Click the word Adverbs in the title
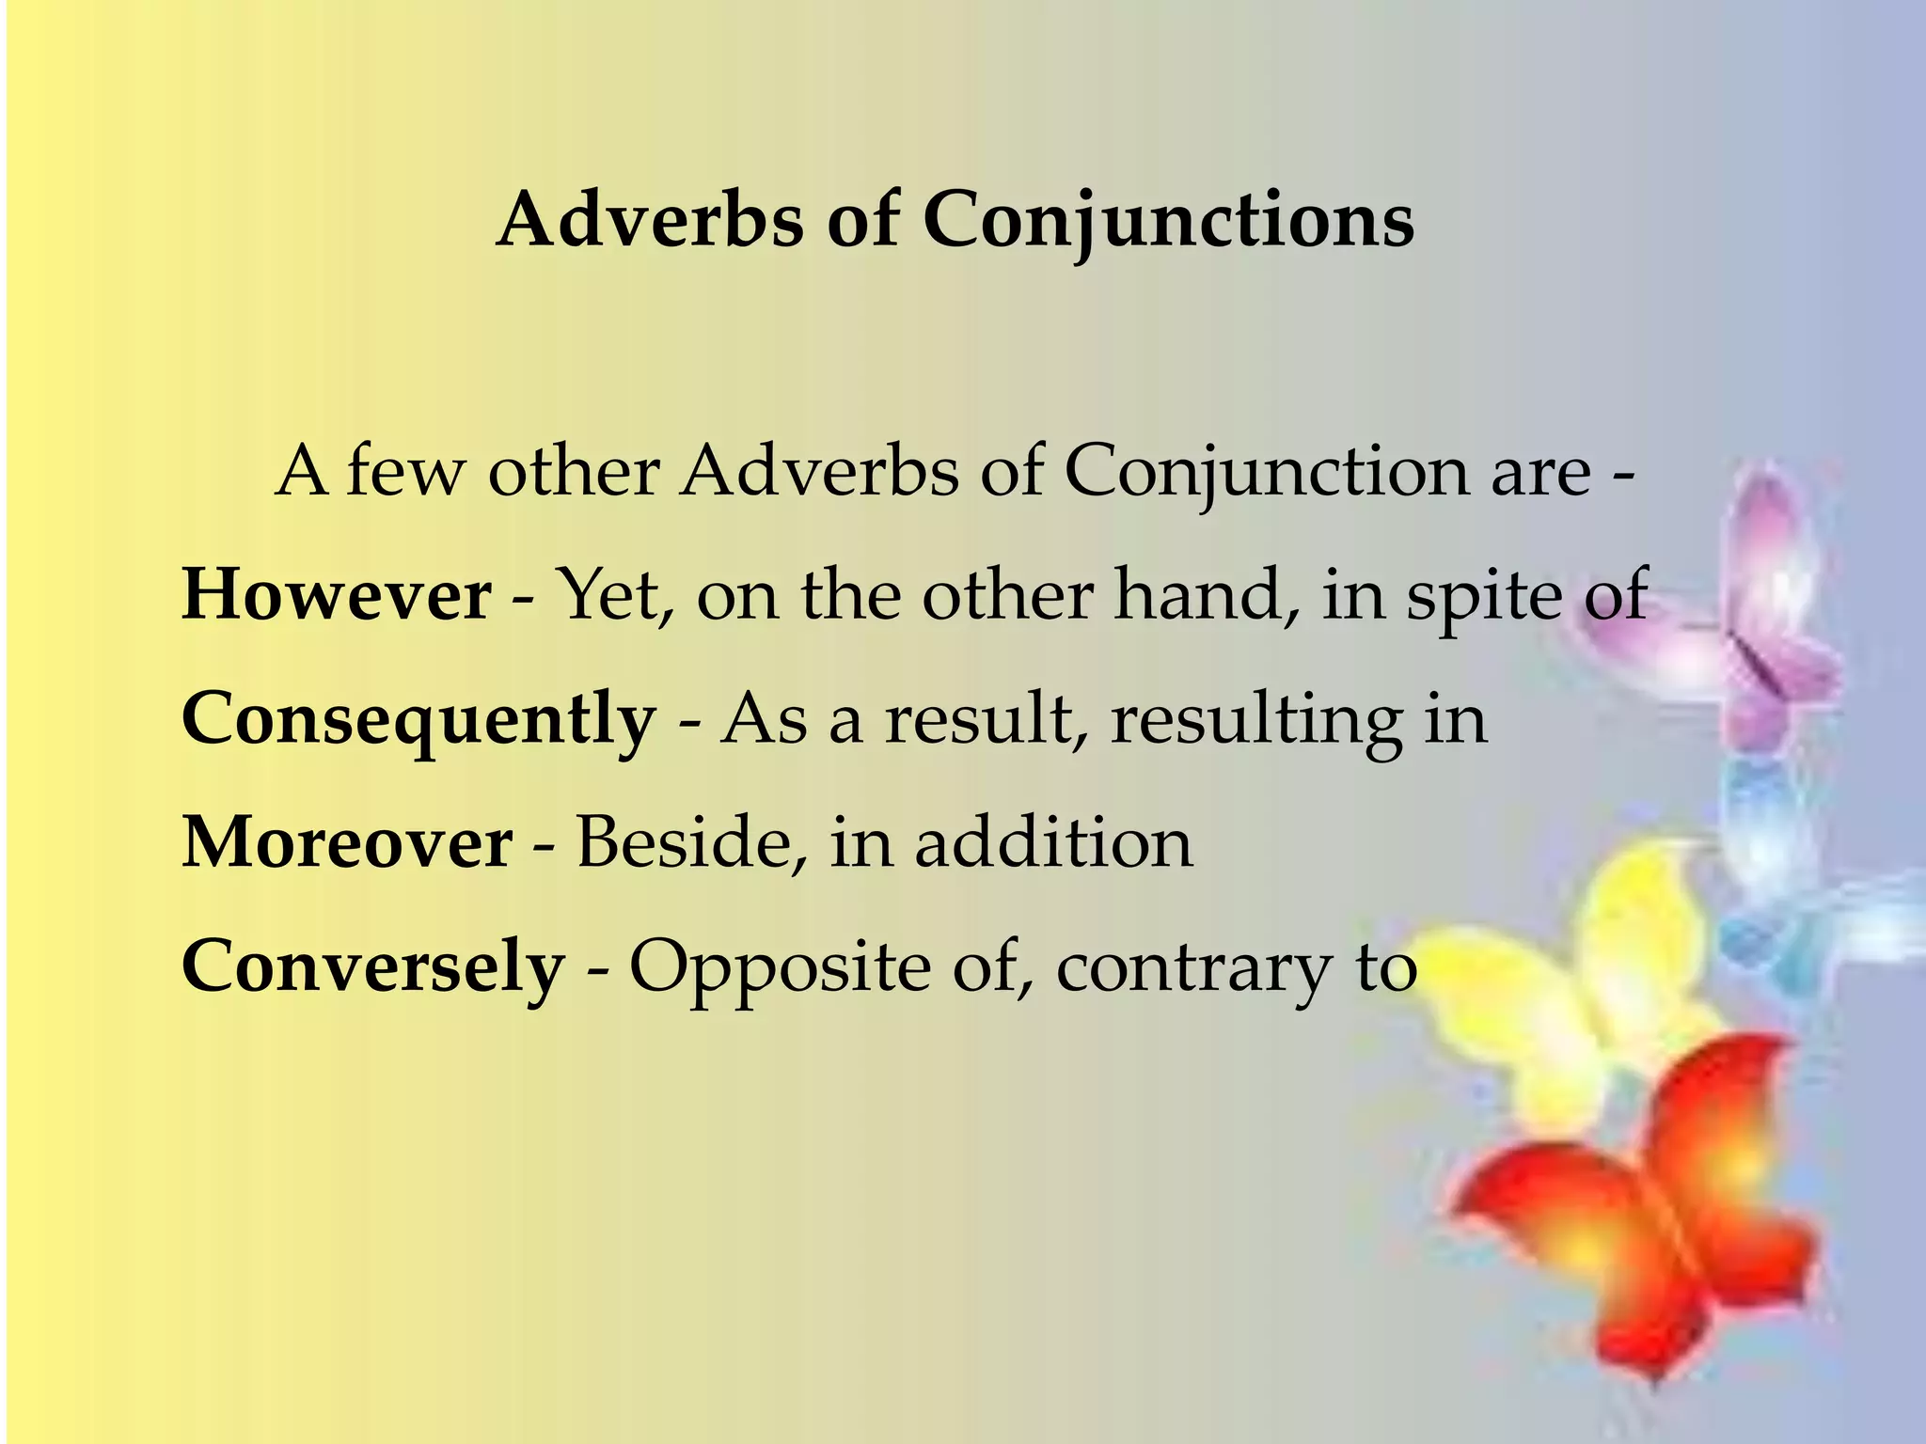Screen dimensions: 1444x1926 click(650, 220)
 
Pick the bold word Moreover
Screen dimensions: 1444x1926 click(347, 842)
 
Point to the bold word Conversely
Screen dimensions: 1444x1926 click(372, 966)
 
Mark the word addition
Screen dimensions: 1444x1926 click(1053, 842)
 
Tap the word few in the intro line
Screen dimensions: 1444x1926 click(406, 470)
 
